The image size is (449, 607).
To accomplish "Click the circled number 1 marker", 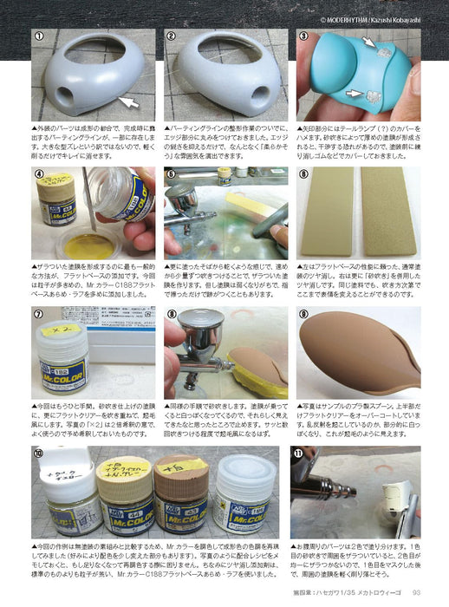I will pyautogui.click(x=39, y=36).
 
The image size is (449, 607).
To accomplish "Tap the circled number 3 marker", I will pyautogui.click(x=303, y=36).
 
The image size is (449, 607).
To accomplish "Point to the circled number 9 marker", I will pyautogui.click(x=303, y=314).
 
